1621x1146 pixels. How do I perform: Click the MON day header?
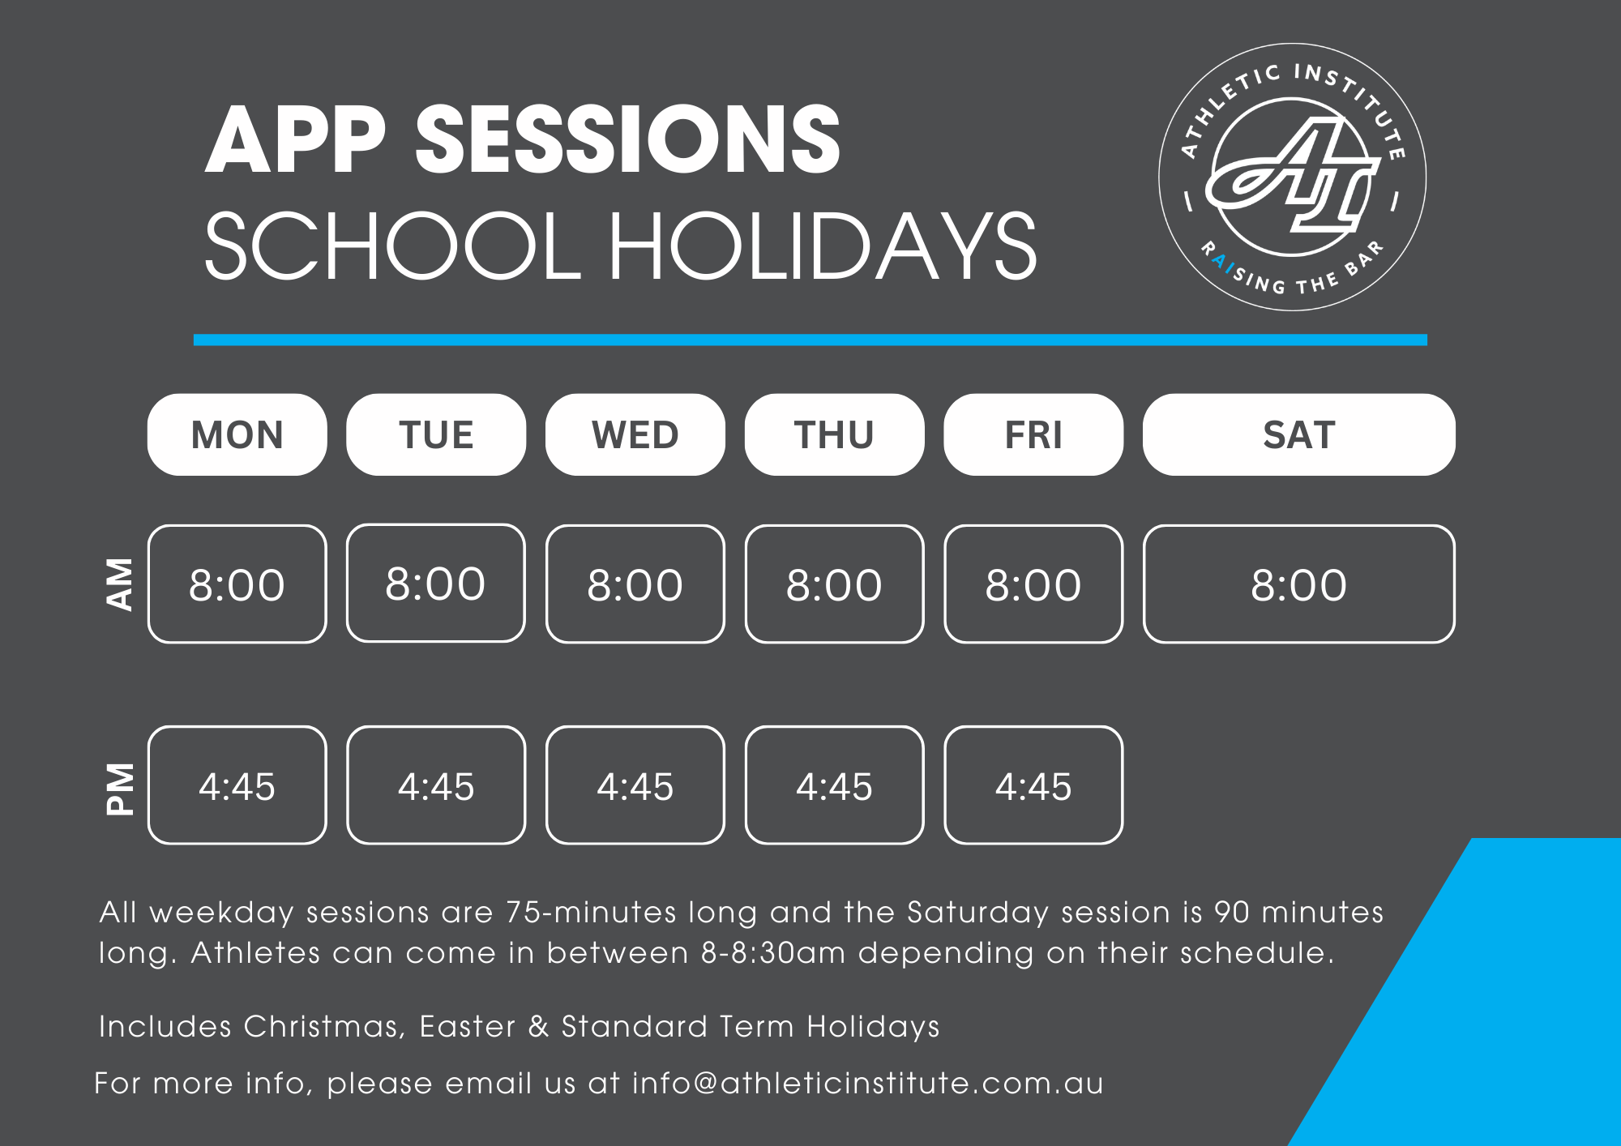coord(237,434)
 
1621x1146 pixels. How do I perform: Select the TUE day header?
coord(436,434)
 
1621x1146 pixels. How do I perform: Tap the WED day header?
coord(635,434)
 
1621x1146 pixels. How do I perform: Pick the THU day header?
coord(834,434)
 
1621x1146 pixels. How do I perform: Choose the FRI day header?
coord(1033,434)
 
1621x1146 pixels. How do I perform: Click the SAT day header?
coord(1299,434)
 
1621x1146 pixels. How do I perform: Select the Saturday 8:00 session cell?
coord(1299,584)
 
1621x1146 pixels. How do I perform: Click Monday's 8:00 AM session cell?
coord(237,584)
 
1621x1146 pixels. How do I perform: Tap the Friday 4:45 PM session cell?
coord(1033,785)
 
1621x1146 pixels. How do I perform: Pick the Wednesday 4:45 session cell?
coord(635,785)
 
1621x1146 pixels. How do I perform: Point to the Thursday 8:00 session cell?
coord(834,584)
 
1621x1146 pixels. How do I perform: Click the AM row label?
coord(120,584)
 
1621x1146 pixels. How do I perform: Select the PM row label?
coord(120,788)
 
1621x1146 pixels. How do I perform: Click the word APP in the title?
coord(296,139)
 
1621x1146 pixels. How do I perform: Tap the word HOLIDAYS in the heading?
coord(823,246)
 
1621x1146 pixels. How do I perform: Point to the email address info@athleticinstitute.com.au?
coord(868,1083)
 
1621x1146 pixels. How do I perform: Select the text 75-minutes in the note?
coord(591,913)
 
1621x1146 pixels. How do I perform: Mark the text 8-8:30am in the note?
coord(774,953)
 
